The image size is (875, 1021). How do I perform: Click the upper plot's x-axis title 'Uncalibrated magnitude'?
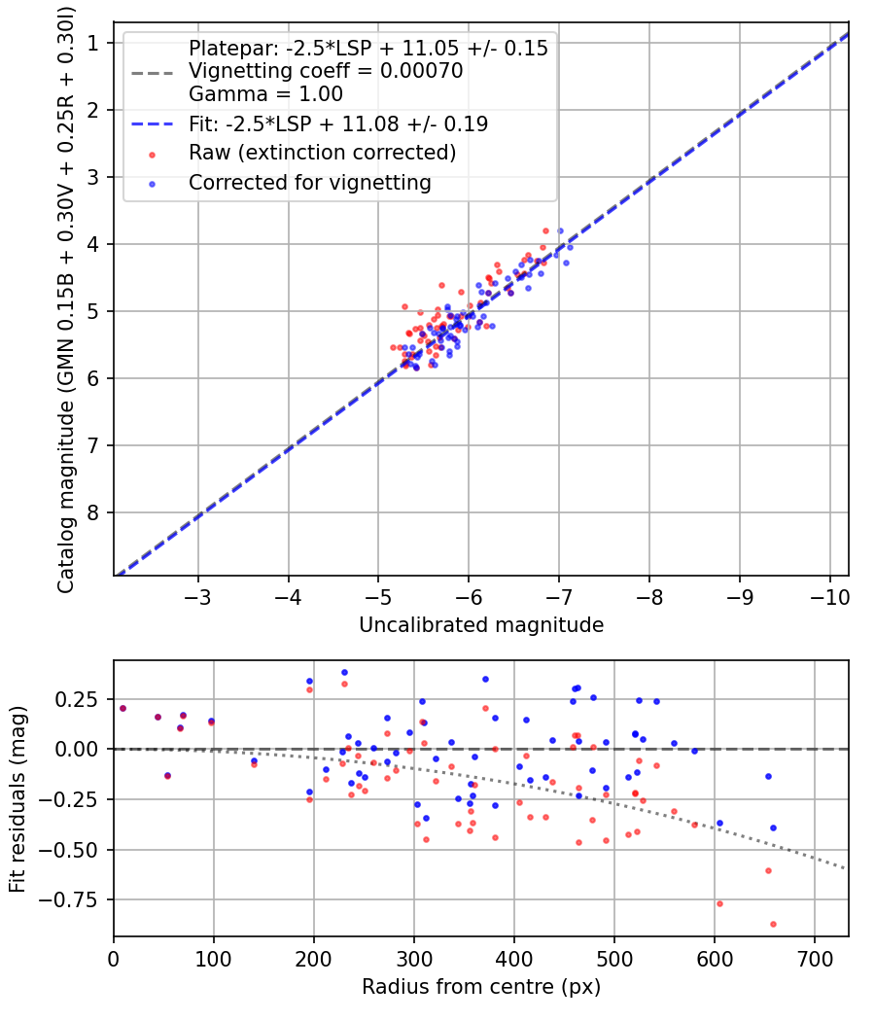481,624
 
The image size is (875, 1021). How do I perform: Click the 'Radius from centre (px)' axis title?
481,987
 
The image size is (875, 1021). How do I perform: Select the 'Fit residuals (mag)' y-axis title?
17,798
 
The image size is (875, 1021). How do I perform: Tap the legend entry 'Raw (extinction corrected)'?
322,153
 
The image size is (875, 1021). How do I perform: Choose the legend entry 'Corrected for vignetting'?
310,182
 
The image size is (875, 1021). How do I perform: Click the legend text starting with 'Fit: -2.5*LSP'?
337,123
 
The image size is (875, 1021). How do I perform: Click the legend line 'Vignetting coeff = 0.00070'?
326,71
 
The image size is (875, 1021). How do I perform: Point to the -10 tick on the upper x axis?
828,594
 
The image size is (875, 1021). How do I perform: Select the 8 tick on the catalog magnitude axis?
94,512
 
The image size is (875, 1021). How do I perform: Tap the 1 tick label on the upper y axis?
94,43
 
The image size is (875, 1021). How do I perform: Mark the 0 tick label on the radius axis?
114,957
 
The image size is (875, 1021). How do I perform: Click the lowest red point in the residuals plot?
773,924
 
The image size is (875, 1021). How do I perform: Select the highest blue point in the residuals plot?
344,672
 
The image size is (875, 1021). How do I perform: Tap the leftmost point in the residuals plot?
122,708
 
